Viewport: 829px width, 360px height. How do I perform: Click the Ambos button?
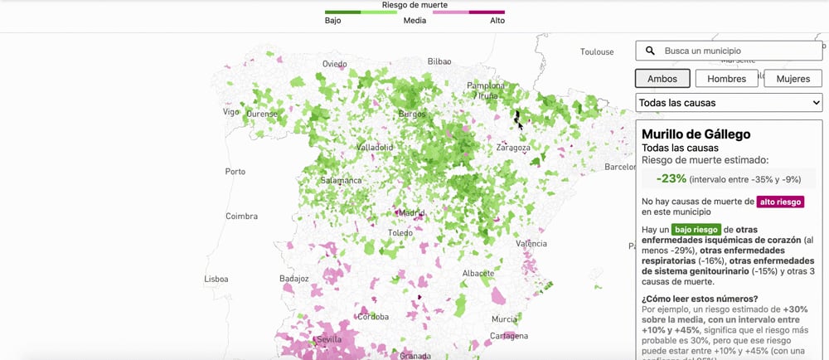(x=662, y=79)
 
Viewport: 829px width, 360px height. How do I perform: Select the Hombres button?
(x=725, y=79)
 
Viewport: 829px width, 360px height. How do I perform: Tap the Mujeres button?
(x=793, y=79)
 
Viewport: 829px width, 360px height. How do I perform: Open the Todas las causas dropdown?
(x=729, y=103)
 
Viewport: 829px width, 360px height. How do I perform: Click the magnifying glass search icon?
(x=651, y=51)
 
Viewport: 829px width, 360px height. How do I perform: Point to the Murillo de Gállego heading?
(x=696, y=134)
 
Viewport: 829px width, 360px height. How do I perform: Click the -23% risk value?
(x=671, y=178)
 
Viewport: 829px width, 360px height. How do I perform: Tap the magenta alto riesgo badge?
(x=781, y=202)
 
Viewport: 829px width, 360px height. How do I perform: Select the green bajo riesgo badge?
(x=696, y=229)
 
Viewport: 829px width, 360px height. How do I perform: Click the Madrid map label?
(x=411, y=212)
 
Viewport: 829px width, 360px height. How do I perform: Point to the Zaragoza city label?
(x=513, y=148)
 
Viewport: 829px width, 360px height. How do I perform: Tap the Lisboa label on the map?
(x=216, y=280)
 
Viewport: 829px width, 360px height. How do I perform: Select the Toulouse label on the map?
(x=597, y=51)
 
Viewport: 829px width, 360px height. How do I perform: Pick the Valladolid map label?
(x=375, y=147)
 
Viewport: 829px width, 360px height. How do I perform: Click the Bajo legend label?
(x=333, y=21)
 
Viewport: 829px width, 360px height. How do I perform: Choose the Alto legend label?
(x=497, y=21)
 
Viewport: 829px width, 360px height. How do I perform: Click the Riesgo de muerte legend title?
(x=414, y=5)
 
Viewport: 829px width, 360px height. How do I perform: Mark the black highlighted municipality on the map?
(x=518, y=119)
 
